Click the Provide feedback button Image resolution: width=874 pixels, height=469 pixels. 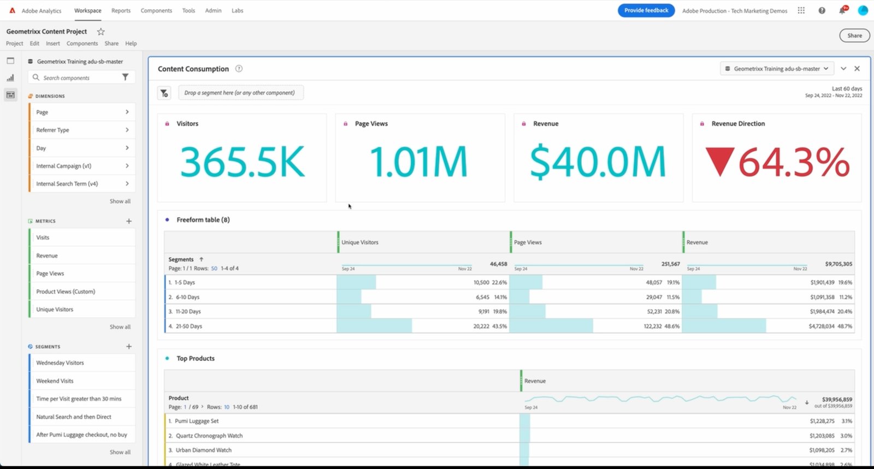click(x=646, y=10)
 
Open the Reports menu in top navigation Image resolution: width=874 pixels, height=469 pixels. click(x=121, y=10)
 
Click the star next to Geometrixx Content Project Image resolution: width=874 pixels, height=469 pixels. click(x=101, y=32)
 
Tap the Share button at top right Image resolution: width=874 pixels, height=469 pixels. click(x=854, y=35)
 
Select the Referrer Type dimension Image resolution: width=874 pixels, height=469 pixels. click(x=53, y=130)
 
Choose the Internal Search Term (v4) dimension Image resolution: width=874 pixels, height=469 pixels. click(x=67, y=183)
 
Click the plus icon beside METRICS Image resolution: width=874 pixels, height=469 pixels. click(x=129, y=221)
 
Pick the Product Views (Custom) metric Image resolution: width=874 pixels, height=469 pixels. click(x=66, y=292)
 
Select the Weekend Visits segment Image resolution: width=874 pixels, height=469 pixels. click(x=55, y=381)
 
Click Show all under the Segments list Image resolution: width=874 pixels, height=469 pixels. click(x=120, y=452)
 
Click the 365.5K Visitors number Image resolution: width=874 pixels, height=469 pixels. click(x=242, y=162)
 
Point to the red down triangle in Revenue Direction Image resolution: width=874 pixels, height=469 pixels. click(x=719, y=162)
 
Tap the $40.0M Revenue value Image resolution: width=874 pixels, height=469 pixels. click(x=598, y=162)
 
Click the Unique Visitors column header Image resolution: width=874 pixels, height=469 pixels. click(x=360, y=242)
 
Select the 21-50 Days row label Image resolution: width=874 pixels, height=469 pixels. click(x=188, y=326)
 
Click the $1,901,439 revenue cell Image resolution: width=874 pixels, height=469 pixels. click(x=822, y=282)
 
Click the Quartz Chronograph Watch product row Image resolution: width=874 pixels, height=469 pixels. click(x=209, y=436)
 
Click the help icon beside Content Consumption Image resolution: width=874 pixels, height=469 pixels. click(x=239, y=69)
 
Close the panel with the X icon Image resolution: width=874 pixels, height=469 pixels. click(x=857, y=69)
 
